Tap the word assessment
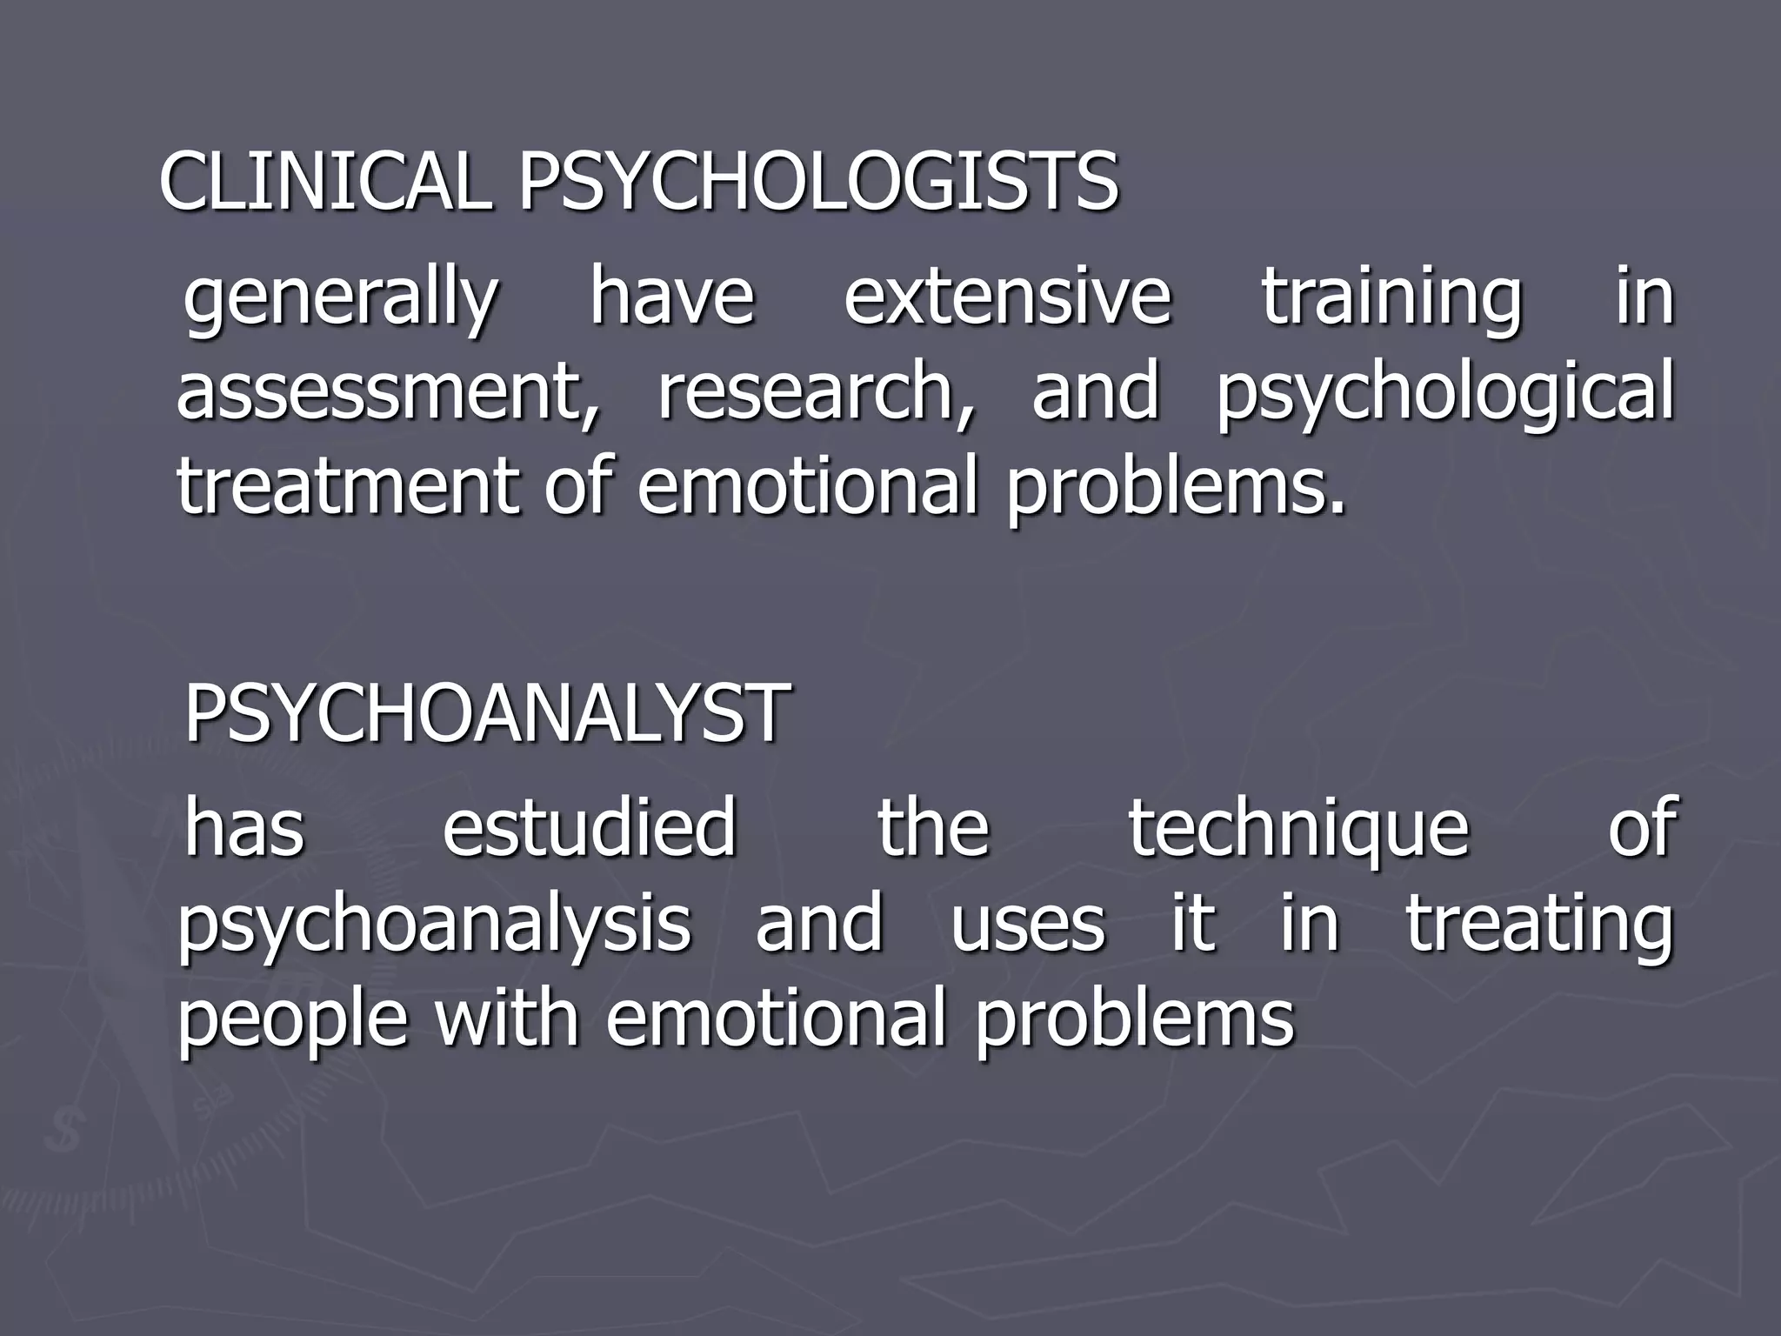pos(388,393)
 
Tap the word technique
pos(1299,830)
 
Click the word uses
pos(1028,925)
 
